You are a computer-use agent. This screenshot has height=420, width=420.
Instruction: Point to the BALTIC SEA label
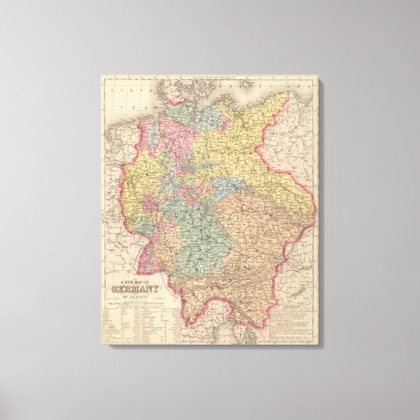[269, 88]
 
